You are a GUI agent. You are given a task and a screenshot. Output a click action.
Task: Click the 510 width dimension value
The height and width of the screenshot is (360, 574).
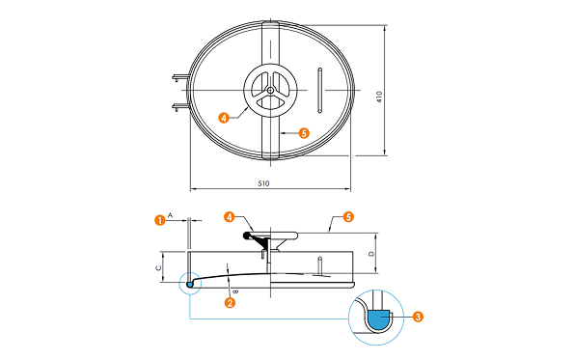coord(263,183)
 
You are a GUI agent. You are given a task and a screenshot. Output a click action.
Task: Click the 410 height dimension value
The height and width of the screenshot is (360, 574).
coord(379,97)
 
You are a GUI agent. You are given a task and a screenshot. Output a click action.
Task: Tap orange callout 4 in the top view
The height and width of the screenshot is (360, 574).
coord(224,118)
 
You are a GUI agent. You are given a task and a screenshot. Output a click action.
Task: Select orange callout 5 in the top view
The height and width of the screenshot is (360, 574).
coord(304,133)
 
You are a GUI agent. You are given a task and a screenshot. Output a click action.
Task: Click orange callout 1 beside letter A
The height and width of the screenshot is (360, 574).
coord(160,220)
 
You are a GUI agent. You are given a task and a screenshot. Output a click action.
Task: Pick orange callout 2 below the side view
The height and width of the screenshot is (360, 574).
coord(230,302)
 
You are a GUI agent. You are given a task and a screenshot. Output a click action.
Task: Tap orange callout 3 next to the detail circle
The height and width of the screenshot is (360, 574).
coord(418,317)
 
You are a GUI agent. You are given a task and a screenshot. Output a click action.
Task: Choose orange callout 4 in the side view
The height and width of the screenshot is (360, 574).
coord(230,217)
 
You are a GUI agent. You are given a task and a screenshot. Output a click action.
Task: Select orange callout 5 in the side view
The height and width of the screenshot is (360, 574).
coord(348,217)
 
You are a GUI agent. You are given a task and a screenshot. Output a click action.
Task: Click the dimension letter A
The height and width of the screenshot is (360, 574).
coord(170,215)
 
